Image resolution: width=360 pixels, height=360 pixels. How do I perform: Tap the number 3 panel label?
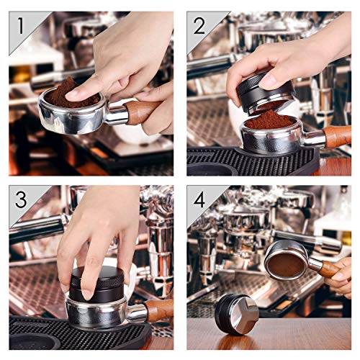pyautogui.click(x=21, y=199)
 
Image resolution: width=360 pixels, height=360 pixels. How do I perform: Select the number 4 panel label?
pyautogui.click(x=199, y=199)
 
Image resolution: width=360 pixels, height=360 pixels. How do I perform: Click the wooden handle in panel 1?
pyautogui.click(x=142, y=112)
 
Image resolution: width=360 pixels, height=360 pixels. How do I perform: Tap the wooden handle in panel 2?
pyautogui.click(x=337, y=137)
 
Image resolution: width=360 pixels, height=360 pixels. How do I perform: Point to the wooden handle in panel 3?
pyautogui.click(x=159, y=310)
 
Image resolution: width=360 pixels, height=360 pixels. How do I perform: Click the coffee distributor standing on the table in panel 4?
pyautogui.click(x=237, y=315)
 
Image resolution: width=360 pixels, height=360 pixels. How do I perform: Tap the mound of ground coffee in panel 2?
pyautogui.click(x=269, y=120)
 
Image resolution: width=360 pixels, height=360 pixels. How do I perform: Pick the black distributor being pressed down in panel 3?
pyautogui.click(x=96, y=285)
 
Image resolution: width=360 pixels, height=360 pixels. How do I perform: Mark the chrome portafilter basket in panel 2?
pyautogui.click(x=271, y=137)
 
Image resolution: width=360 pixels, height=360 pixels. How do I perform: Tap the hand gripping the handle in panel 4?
pyautogui.click(x=339, y=276)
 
